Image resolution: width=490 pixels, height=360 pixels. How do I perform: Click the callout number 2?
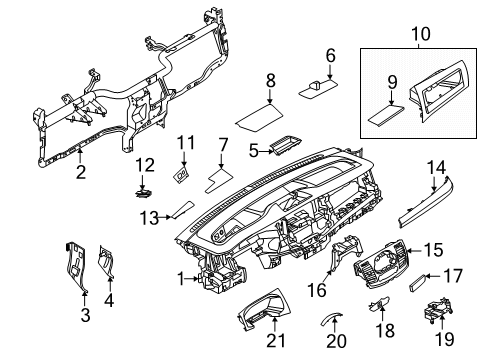coord(78,173)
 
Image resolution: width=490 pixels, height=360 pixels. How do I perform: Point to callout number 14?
coord(433,168)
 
